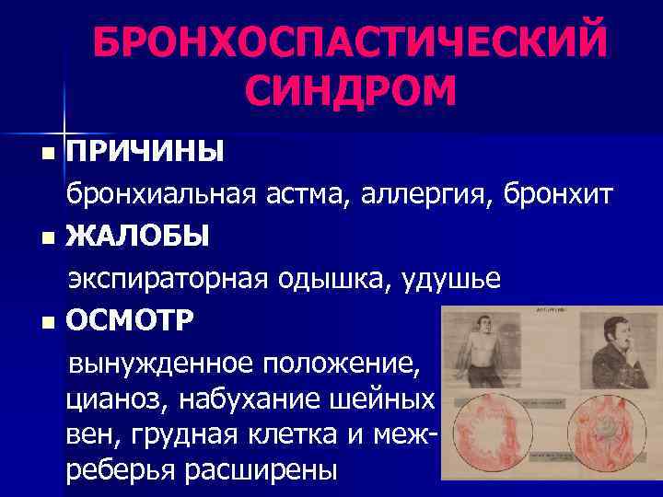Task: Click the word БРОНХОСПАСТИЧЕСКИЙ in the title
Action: pos(350,41)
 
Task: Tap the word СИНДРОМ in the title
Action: pos(352,92)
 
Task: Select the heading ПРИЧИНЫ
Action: pos(145,150)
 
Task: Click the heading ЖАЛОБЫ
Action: pos(138,237)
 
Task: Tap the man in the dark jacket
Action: pos(608,354)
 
